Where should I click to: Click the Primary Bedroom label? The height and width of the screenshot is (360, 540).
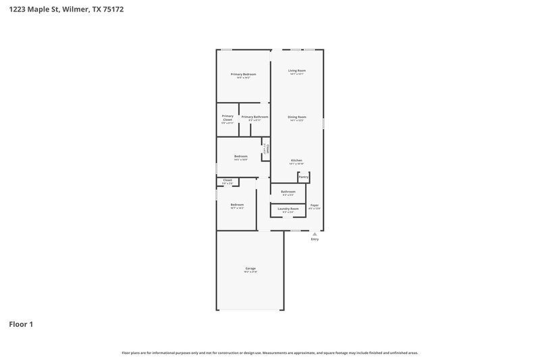click(243, 74)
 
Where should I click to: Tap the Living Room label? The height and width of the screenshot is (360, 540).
click(297, 70)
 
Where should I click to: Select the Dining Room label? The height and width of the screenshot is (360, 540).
click(297, 117)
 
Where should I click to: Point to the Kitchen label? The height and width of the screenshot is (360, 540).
click(296, 160)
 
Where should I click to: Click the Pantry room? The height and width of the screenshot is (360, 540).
click(304, 177)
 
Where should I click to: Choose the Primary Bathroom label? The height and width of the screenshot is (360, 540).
click(255, 117)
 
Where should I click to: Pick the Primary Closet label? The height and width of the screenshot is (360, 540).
click(227, 118)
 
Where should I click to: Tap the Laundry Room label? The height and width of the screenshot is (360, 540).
click(288, 209)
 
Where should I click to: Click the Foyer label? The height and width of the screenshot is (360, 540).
click(315, 205)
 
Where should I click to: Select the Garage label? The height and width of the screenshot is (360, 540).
click(250, 268)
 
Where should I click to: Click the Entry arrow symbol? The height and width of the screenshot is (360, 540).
click(315, 234)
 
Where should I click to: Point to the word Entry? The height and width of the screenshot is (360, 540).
click(315, 240)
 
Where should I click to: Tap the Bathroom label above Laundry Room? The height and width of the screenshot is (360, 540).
click(288, 192)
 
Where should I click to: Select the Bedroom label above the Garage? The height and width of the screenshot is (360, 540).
click(237, 205)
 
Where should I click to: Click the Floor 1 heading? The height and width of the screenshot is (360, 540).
click(21, 324)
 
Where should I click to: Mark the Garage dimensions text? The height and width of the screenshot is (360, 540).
click(250, 272)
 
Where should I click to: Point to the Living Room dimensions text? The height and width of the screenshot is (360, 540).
click(297, 74)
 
